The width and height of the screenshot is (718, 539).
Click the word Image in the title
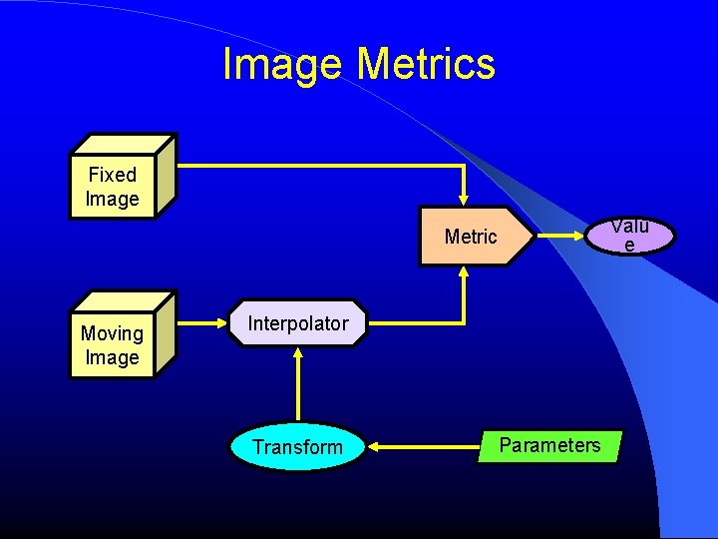[284, 65]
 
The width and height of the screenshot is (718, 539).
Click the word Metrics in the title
[426, 65]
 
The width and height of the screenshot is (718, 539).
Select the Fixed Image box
[114, 186]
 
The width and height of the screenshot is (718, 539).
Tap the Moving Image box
[113, 344]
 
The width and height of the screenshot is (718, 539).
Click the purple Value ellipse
[629, 237]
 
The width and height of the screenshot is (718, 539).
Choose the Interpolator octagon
[298, 323]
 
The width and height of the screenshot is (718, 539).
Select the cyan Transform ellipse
[297, 447]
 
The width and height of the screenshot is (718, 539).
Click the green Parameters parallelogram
[549, 446]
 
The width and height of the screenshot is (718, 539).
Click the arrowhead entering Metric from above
[464, 199]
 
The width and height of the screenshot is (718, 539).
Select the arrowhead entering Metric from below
[464, 273]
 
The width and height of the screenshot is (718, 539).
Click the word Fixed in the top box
[112, 175]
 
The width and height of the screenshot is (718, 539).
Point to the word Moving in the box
[112, 333]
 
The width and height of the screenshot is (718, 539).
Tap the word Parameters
[549, 445]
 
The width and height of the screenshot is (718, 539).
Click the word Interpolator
[298, 323]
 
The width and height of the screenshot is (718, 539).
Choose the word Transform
[297, 447]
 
